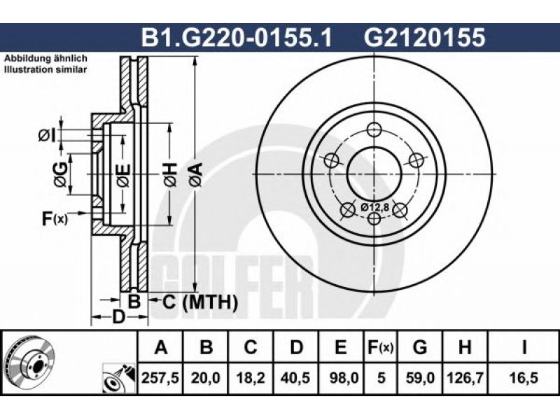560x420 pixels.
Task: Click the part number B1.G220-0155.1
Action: (237, 37)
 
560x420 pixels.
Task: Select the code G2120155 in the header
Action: (424, 37)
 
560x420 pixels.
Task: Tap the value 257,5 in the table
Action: (160, 377)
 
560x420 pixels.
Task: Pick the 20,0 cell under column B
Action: (205, 377)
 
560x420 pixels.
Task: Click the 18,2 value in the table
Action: (251, 377)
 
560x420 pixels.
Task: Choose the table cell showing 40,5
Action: (295, 377)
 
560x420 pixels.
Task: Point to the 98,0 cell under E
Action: (341, 377)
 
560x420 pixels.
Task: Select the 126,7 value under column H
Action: (464, 377)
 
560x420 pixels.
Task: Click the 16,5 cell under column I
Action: (523, 377)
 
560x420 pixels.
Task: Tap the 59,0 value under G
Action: (420, 377)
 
